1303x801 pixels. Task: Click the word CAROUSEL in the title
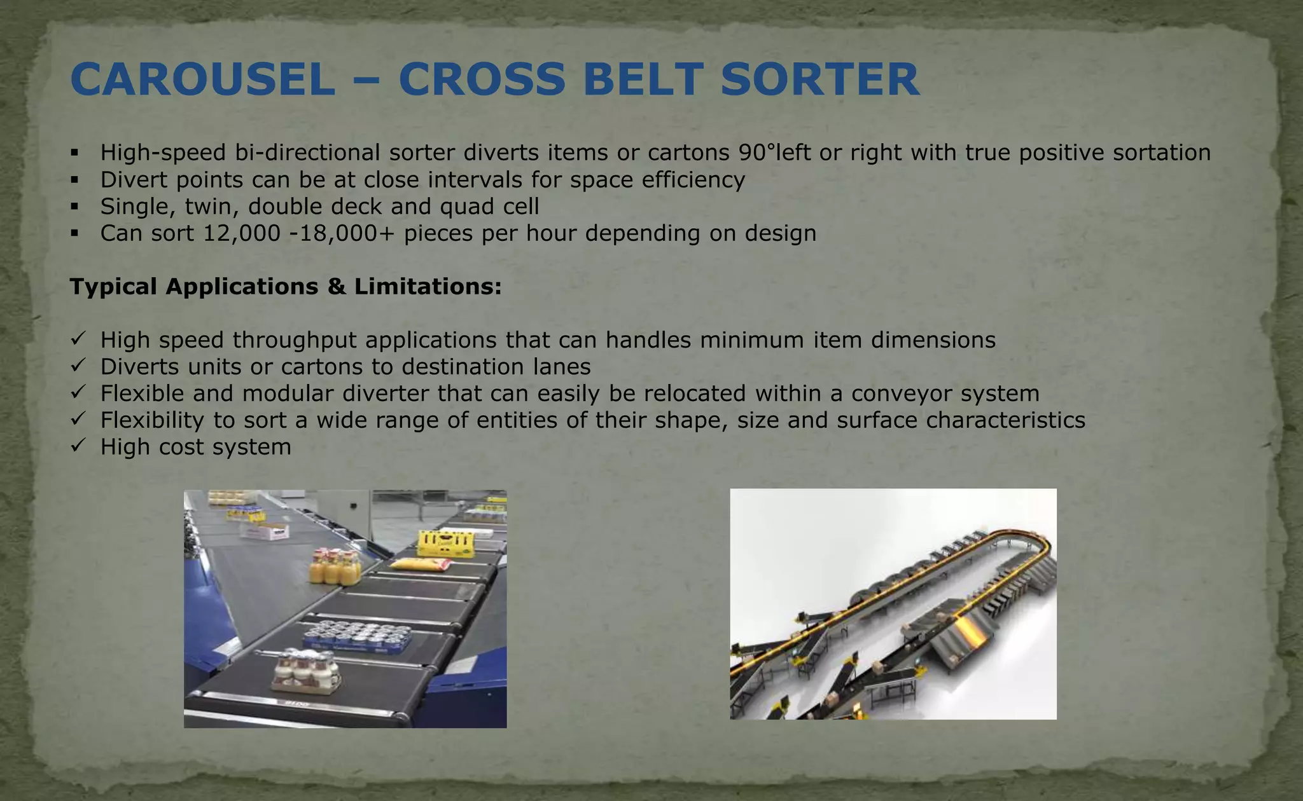203,80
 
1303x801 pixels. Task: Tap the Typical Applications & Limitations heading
286,287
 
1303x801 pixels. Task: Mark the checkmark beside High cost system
78,447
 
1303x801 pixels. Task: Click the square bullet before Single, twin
75,207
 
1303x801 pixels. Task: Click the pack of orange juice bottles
335,566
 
